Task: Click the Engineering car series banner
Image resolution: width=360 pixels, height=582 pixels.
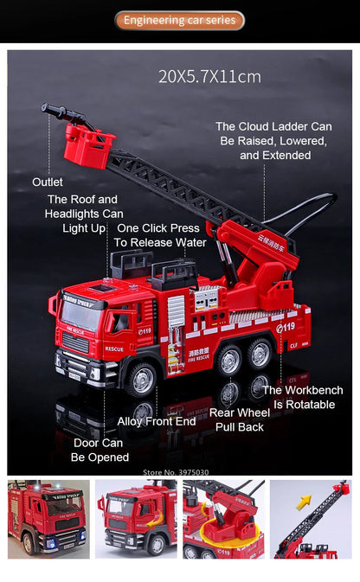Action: [179, 20]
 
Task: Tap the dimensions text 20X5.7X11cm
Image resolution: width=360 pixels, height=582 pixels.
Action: [209, 77]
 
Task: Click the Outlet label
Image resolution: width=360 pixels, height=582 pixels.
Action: [48, 182]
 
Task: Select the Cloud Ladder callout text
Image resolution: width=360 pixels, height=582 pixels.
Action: [274, 140]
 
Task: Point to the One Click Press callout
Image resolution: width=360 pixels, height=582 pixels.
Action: [160, 235]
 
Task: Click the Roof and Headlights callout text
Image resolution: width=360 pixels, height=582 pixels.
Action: [84, 214]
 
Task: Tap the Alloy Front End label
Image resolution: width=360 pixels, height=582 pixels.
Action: [157, 421]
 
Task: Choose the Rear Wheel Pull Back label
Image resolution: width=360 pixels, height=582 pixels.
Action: [240, 419]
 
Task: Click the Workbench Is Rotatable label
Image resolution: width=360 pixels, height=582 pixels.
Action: [303, 397]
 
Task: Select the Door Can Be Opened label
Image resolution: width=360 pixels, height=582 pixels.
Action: [100, 450]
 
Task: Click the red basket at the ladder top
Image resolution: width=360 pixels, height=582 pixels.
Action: [88, 146]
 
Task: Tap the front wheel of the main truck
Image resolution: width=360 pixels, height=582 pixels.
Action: [141, 378]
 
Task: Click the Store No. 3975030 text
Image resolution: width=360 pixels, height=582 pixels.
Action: [176, 472]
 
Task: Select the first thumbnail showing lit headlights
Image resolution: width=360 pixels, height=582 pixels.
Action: [48, 519]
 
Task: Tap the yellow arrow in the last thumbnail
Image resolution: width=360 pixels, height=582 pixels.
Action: [304, 502]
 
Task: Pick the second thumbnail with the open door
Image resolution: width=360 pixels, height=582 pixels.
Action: [135, 519]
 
